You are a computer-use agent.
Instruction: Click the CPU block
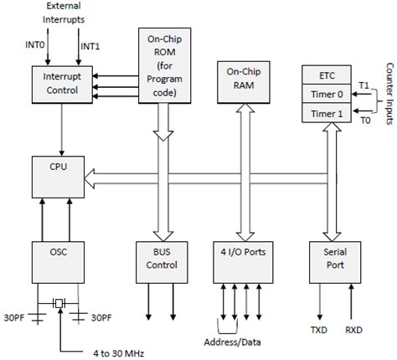pos(58,177)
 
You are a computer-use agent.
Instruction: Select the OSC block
pos(58,262)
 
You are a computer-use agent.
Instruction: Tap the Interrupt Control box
pos(62,85)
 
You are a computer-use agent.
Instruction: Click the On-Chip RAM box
pos(244,82)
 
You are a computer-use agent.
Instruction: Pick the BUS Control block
pos(162,262)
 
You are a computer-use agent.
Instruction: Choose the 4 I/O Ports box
pos(243,262)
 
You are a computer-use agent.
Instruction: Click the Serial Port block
pos(335,262)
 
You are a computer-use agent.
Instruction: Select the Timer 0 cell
pos(327,94)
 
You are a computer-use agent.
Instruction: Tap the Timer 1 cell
pos(327,113)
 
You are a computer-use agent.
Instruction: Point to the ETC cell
pos(327,75)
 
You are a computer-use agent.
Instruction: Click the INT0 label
pos(35,44)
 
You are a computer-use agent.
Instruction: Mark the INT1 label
pos(90,46)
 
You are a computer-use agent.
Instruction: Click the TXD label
pos(319,330)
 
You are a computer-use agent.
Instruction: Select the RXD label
pos(353,330)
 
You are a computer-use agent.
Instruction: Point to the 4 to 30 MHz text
pos(119,353)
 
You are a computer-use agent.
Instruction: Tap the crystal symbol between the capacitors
pos(59,303)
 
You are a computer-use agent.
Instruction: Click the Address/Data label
pos(232,342)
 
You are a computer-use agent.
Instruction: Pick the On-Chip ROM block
pos(165,65)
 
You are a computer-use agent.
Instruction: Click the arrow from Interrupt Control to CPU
pos(62,130)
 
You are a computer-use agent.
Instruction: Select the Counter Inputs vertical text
pos(389,94)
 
